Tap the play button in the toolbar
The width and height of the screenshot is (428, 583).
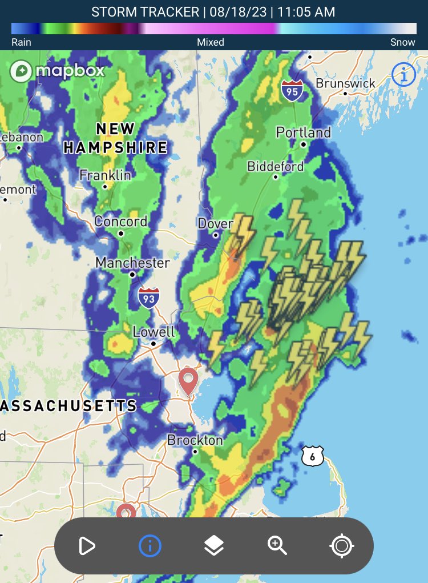(x=87, y=546)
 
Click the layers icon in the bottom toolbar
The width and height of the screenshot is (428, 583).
(x=214, y=546)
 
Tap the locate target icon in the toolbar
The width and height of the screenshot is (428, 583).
(x=341, y=546)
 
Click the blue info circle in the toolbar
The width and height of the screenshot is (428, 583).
(x=150, y=546)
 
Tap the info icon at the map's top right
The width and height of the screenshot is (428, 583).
(x=403, y=75)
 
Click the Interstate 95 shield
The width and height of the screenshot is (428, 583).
(x=292, y=90)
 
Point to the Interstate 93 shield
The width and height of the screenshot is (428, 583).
(x=148, y=297)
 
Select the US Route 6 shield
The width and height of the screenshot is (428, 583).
(x=313, y=456)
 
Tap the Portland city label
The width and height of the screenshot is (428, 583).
(x=303, y=132)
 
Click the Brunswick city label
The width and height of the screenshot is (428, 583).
(x=345, y=83)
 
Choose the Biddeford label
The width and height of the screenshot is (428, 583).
(x=275, y=166)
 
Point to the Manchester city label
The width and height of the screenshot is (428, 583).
(x=132, y=263)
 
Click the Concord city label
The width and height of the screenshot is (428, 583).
(x=120, y=221)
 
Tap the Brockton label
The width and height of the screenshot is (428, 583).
(x=195, y=440)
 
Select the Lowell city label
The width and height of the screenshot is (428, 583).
(x=153, y=332)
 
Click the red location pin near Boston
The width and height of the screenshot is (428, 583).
(x=188, y=380)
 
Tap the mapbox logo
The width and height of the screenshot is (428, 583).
(x=57, y=71)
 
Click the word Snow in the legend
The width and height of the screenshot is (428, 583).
(x=402, y=42)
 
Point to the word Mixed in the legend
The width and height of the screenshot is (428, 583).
(x=211, y=42)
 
